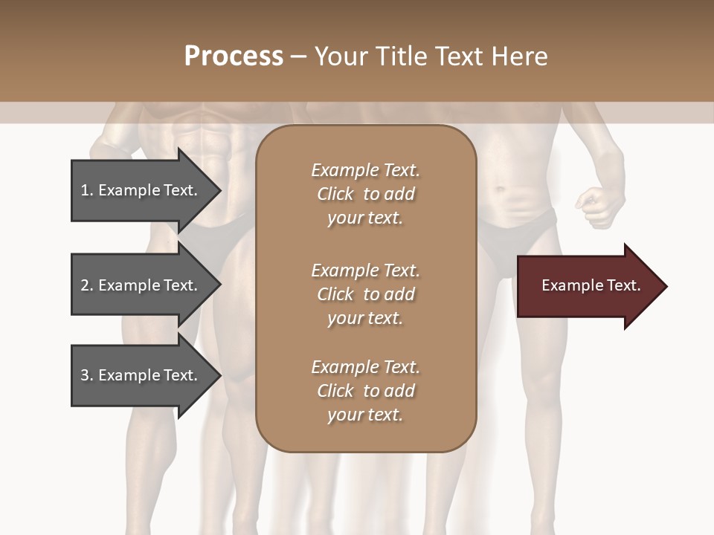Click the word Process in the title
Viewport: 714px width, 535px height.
pos(234,56)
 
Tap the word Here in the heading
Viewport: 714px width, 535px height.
pos(519,56)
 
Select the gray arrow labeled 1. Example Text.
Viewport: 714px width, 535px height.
pos(141,190)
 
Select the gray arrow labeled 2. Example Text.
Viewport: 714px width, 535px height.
pos(141,285)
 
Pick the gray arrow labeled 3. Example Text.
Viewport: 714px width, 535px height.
pos(141,375)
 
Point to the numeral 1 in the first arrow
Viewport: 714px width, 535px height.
pos(85,190)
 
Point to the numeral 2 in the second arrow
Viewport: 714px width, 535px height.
pos(85,285)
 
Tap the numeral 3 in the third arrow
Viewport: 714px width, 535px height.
pos(85,375)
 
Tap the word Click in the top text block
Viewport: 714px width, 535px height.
pos(335,194)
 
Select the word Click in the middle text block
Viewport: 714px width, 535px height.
pos(335,294)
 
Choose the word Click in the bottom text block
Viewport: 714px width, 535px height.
pos(335,391)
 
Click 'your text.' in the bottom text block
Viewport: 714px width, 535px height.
pos(365,415)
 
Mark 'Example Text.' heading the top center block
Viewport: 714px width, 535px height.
pos(365,170)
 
